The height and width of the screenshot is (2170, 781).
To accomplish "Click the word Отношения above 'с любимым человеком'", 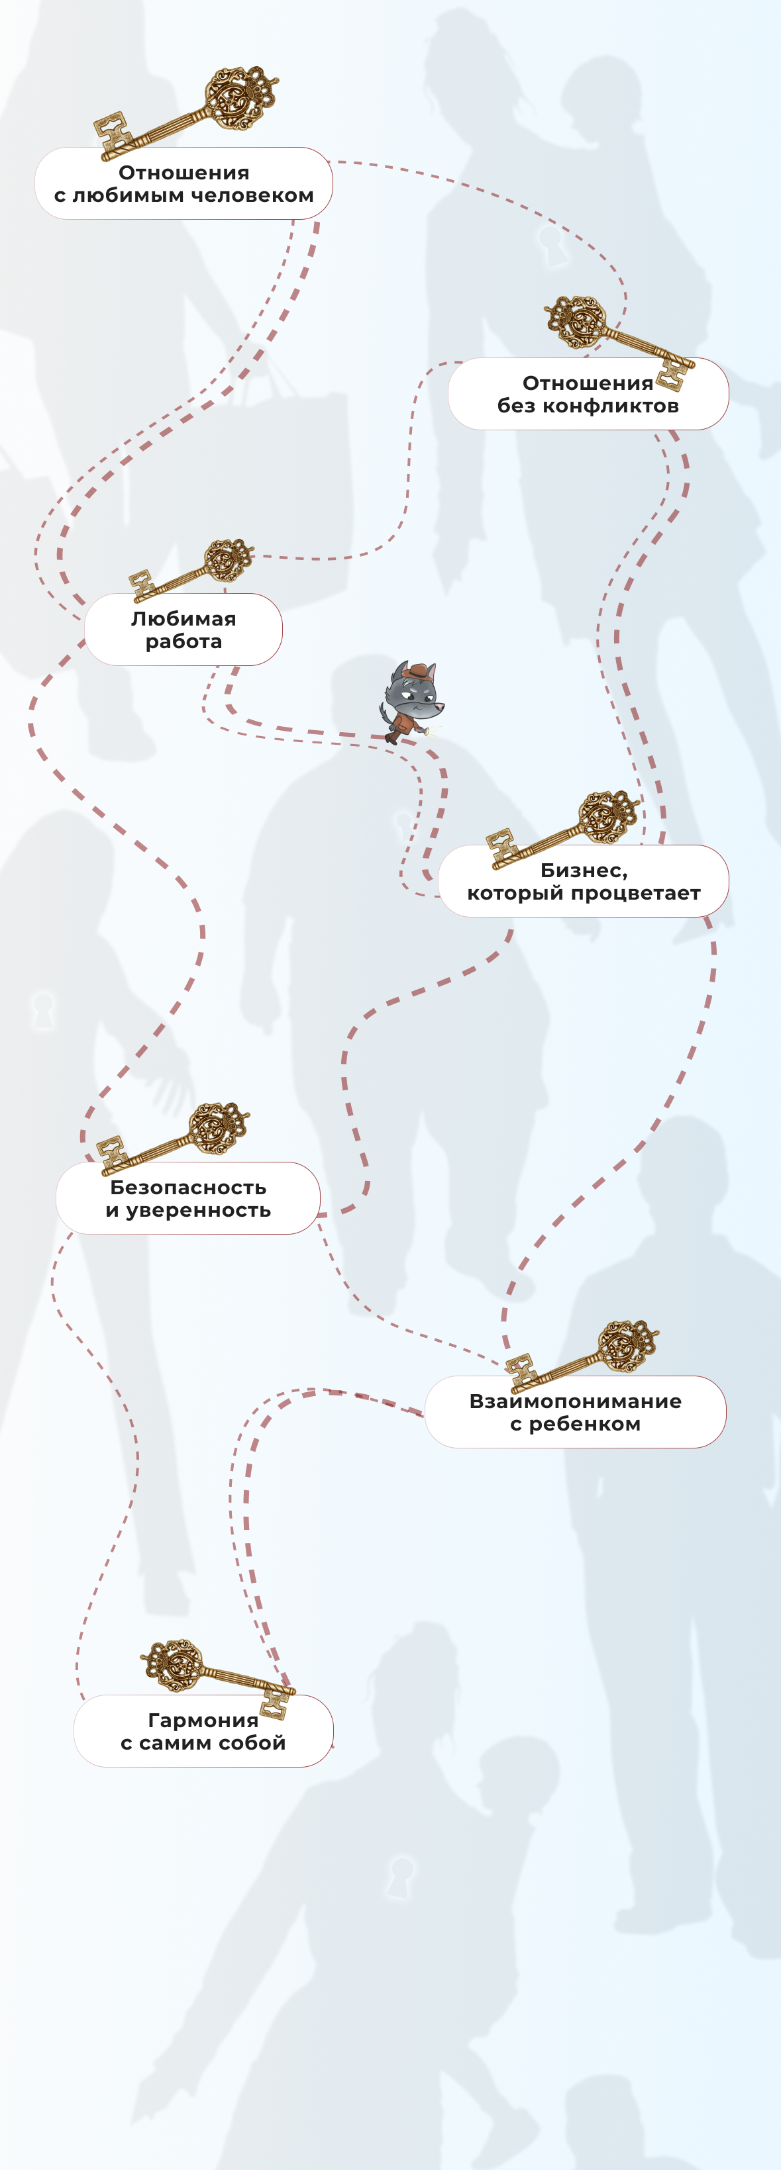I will point(183,173).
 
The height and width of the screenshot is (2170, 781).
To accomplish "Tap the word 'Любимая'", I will point(183,618).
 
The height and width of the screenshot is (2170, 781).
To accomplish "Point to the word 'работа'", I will point(183,642).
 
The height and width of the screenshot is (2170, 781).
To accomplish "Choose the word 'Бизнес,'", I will point(584,871).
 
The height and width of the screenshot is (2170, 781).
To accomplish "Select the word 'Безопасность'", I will point(188,1188).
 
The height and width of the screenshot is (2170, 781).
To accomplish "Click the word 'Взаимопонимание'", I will point(576,1401).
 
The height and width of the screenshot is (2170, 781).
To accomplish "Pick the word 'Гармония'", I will point(203,1720).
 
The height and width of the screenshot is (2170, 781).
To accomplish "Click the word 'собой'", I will point(253,1743).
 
